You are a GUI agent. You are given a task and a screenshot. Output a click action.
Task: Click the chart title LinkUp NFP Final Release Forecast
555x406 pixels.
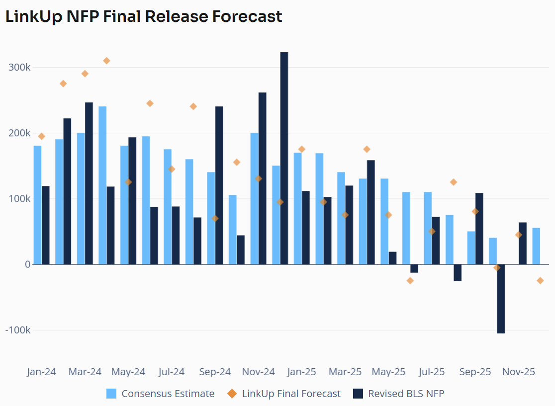[x=144, y=16]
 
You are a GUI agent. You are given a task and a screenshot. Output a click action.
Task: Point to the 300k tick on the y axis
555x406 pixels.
[x=20, y=68]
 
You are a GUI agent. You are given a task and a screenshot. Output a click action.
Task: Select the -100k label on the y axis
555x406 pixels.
[x=17, y=330]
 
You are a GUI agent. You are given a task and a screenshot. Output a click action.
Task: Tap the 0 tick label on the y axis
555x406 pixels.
[x=27, y=264]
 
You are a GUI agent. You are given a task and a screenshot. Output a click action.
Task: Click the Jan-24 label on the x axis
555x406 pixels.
[x=41, y=372]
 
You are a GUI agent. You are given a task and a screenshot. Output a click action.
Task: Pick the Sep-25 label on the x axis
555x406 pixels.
[x=475, y=372]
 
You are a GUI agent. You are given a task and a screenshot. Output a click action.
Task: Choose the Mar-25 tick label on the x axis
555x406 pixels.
[x=345, y=372]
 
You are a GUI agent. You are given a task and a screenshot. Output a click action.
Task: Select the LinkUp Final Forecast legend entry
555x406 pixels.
[x=291, y=394]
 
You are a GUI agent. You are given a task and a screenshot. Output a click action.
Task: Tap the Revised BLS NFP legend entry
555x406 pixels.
[x=406, y=394]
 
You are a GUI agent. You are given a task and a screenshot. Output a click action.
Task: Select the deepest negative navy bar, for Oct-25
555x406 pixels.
[x=501, y=299]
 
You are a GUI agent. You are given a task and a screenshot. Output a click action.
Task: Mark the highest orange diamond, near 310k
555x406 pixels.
[x=106, y=61]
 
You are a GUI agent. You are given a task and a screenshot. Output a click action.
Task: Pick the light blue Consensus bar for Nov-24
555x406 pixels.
[x=254, y=198]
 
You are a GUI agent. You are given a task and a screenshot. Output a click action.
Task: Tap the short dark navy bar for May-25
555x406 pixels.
[x=392, y=258]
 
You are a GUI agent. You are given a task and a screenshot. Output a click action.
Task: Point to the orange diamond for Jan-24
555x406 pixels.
[x=41, y=136]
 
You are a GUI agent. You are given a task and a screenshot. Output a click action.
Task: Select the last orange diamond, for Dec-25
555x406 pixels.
[x=540, y=281]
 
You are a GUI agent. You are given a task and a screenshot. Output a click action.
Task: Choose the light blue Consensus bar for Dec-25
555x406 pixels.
[x=536, y=246]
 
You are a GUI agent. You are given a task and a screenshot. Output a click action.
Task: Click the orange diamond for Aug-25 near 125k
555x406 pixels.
[x=453, y=182]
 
